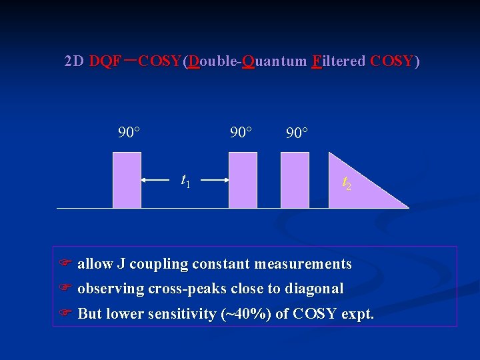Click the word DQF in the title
(x=105, y=62)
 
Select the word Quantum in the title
(x=274, y=62)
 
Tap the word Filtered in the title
(x=339, y=62)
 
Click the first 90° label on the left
(x=129, y=132)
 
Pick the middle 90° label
(x=241, y=132)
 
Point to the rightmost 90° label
(x=297, y=133)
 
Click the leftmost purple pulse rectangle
(x=127, y=180)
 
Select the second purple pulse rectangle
(x=243, y=180)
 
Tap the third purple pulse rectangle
(x=295, y=180)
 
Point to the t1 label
(x=185, y=180)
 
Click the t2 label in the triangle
(x=347, y=182)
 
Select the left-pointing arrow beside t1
(x=155, y=180)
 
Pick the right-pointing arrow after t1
(x=215, y=180)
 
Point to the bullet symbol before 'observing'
(x=65, y=289)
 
